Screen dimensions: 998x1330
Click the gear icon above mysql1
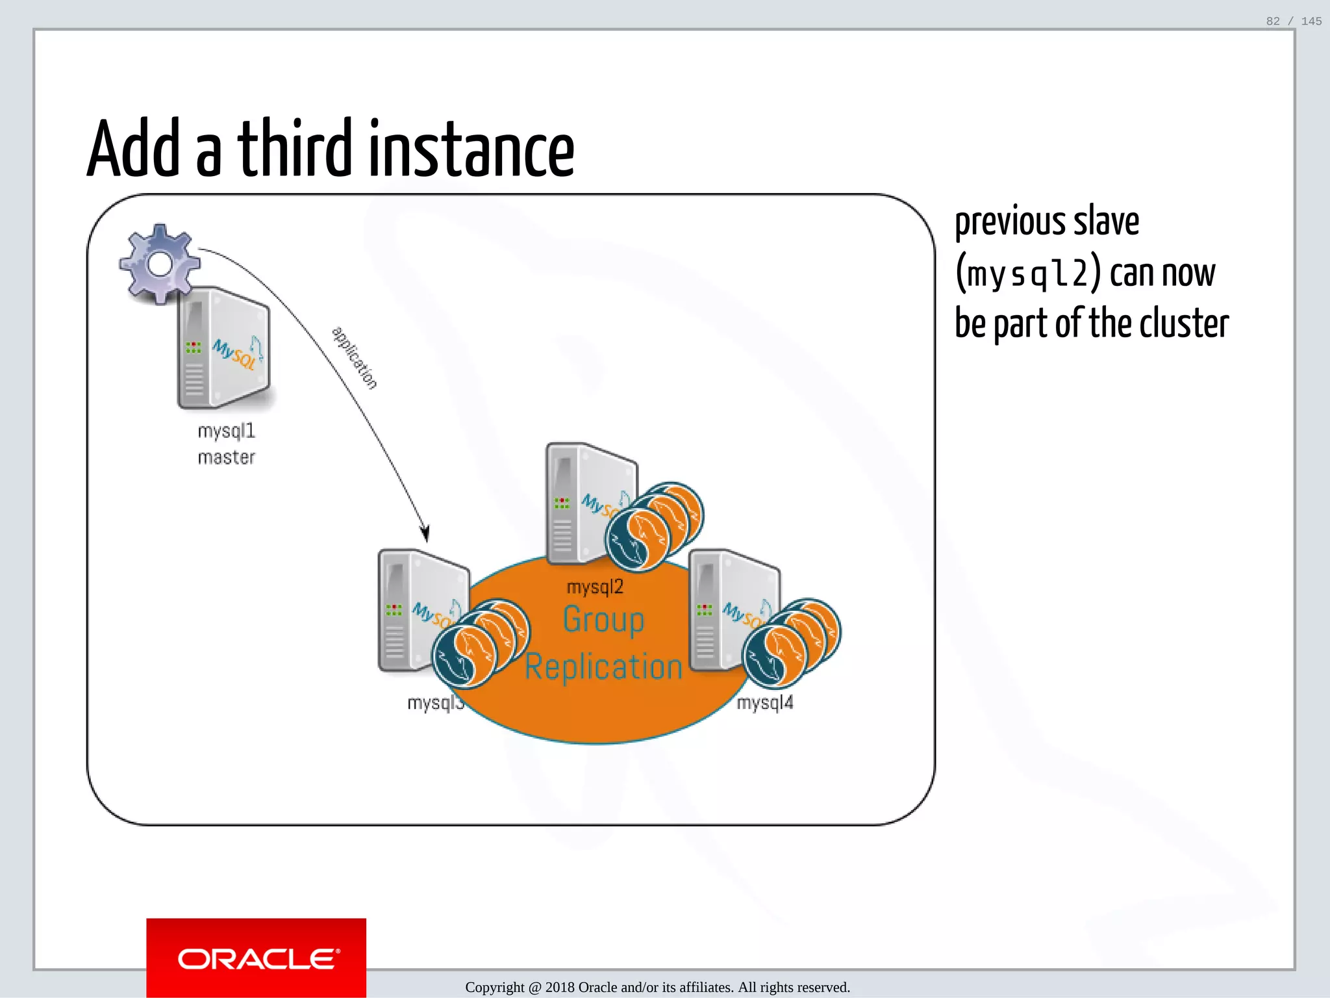pos(160,264)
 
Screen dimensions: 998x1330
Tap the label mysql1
pos(226,431)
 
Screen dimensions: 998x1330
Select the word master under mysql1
pos(226,458)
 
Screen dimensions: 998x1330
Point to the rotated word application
pos(355,358)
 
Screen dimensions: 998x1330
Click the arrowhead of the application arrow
pos(425,534)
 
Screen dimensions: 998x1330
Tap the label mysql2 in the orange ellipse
pos(595,587)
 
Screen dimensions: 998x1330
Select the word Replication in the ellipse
pos(603,667)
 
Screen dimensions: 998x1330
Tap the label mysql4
pos(765,703)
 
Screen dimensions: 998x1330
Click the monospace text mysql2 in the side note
pos(1027,273)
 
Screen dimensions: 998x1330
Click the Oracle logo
pos(257,959)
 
